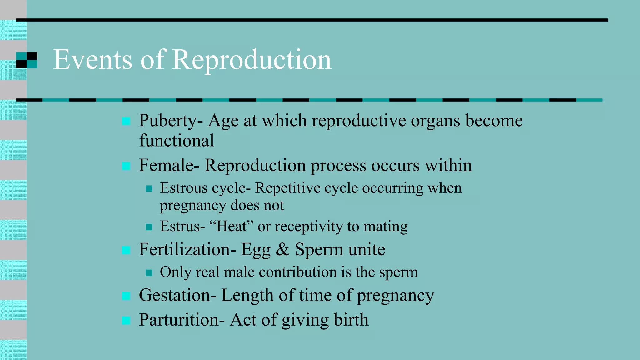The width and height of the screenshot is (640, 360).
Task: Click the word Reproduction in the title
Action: pyautogui.click(x=252, y=60)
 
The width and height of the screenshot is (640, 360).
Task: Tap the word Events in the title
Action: pyautogui.click(x=92, y=60)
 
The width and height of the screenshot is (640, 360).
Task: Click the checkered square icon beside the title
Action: pyautogui.click(x=27, y=60)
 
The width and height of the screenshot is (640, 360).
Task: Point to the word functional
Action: pyautogui.click(x=177, y=141)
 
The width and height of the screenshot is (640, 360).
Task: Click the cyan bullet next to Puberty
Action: pyautogui.click(x=126, y=121)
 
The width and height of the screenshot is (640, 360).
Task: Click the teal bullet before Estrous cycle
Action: pyautogui.click(x=149, y=189)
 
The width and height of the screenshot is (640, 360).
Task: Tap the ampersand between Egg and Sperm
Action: pyautogui.click(x=282, y=250)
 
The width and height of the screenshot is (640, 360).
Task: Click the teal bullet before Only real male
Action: pyautogui.click(x=149, y=273)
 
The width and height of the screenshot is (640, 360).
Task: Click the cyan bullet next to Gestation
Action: pyautogui.click(x=126, y=296)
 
